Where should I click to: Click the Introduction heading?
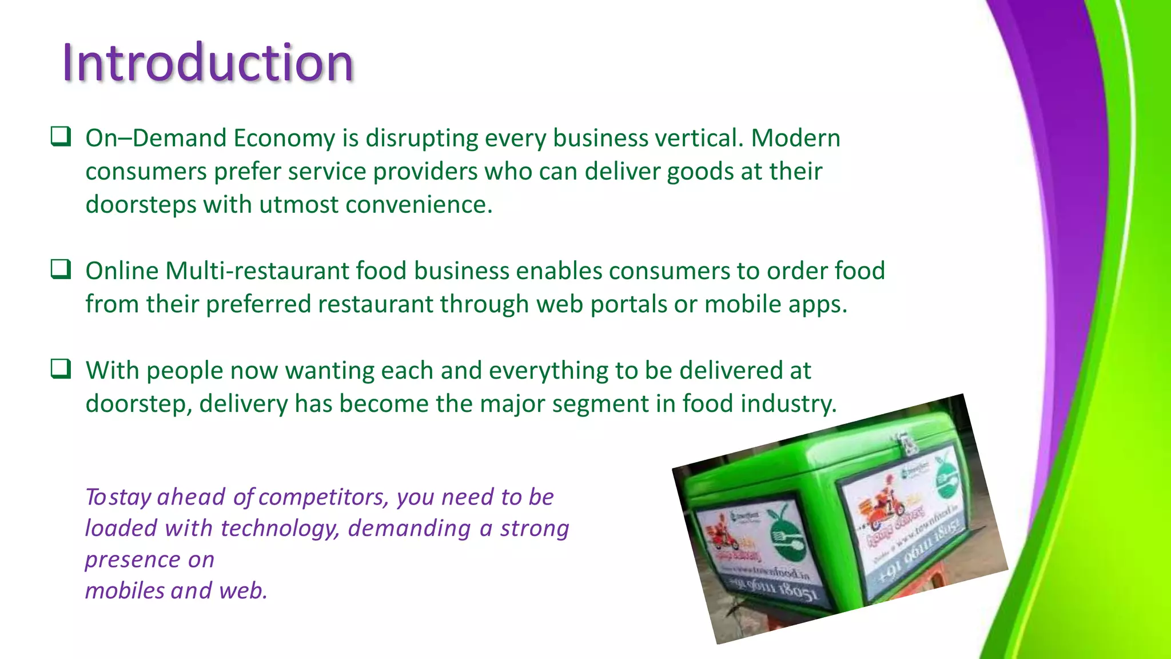click(x=208, y=62)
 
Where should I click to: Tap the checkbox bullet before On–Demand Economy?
click(x=61, y=137)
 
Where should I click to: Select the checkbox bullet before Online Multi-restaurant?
click(x=61, y=269)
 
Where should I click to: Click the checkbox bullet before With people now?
click(x=61, y=369)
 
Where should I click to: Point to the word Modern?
click(x=795, y=138)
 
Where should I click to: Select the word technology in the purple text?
click(x=280, y=529)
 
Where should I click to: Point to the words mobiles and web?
click(x=176, y=590)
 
